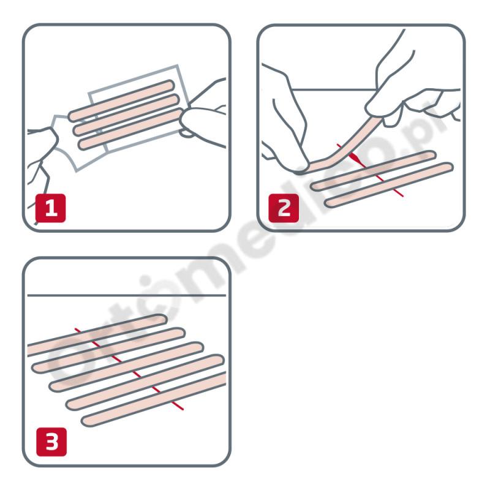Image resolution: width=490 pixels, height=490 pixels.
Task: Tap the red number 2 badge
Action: [x=284, y=209]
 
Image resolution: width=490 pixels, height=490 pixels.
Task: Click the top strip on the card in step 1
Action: [x=123, y=99]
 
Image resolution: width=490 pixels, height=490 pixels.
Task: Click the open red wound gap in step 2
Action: [x=354, y=159]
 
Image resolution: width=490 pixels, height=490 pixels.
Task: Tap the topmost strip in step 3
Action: [x=98, y=334]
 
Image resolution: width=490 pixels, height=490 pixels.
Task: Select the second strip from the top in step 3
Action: [x=110, y=350]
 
